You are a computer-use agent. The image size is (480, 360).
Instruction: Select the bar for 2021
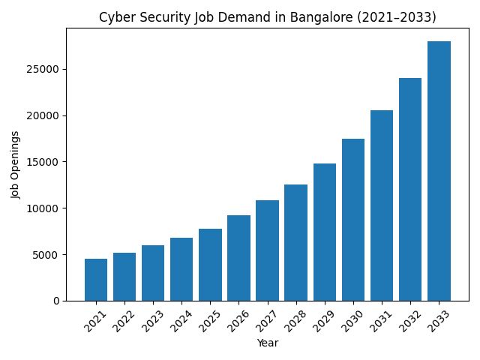[x=96, y=280]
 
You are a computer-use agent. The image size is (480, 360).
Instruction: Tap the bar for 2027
[x=267, y=250]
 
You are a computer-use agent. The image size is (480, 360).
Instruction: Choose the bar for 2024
[x=181, y=269]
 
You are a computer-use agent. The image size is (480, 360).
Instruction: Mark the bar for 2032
[x=410, y=189]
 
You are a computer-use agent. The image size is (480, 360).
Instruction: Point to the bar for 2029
[x=325, y=232]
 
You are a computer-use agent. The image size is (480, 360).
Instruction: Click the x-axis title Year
[x=268, y=343]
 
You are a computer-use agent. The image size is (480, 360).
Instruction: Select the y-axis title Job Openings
[x=16, y=164]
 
